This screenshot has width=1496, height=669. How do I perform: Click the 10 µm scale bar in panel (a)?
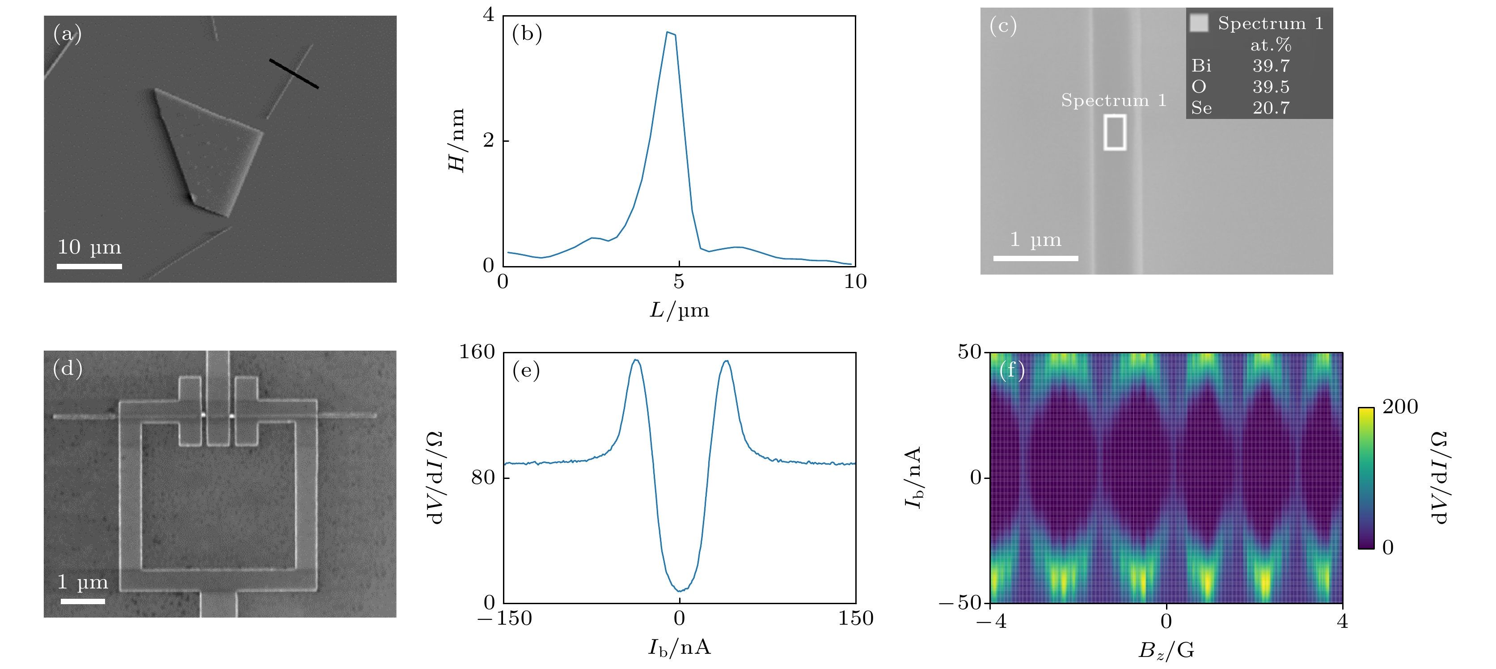click(x=89, y=267)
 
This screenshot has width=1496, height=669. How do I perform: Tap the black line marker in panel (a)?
click(x=294, y=74)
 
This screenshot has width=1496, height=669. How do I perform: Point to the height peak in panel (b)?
click(x=669, y=33)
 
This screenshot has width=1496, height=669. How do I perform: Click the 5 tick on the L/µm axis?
click(x=679, y=282)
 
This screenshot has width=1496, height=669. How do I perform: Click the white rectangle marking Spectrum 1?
click(x=1115, y=132)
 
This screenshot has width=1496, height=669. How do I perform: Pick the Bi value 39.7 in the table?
click(x=1271, y=66)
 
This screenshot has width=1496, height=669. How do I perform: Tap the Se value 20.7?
click(x=1271, y=108)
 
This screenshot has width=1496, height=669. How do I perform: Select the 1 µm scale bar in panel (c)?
click(x=1035, y=258)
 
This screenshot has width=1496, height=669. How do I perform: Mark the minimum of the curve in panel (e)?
click(x=680, y=591)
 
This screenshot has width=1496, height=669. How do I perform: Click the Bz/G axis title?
click(x=1166, y=650)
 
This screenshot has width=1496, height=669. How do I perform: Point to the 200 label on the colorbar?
click(x=1399, y=407)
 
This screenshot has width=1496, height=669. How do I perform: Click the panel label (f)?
click(x=1012, y=370)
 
